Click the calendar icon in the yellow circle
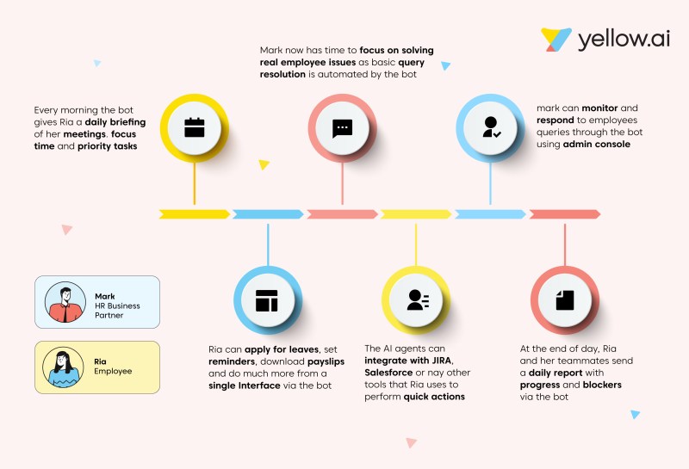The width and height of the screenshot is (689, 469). click(x=195, y=127)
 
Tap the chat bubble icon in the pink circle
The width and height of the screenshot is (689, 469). click(x=342, y=129)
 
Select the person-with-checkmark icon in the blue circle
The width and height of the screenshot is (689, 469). click(x=491, y=127)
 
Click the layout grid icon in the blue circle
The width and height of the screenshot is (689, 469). click(x=267, y=301)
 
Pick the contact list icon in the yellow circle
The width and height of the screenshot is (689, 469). click(x=418, y=300)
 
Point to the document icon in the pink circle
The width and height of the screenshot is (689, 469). click(x=565, y=300)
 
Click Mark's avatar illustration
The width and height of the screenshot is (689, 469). click(x=65, y=302)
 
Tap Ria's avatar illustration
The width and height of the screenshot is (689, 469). click(x=63, y=367)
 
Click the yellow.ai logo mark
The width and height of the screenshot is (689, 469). click(x=556, y=40)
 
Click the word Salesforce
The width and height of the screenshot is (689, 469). click(x=388, y=373)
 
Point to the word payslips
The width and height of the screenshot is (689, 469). click(x=326, y=361)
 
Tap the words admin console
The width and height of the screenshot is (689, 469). click(x=596, y=144)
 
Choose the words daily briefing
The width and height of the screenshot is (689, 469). click(x=115, y=122)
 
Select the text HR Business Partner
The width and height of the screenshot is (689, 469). click(x=117, y=311)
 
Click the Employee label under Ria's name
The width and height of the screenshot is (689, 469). click(x=113, y=371)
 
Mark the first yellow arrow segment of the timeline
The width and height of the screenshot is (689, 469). click(x=195, y=214)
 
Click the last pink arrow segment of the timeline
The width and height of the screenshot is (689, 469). click(x=565, y=214)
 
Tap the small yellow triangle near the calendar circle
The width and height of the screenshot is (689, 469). click(x=264, y=164)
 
